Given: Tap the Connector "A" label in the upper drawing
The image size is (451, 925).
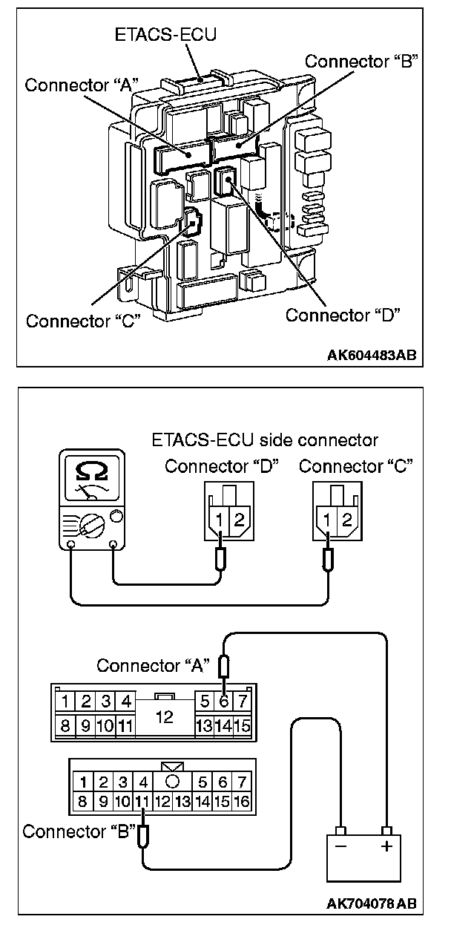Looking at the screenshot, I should coord(79,85).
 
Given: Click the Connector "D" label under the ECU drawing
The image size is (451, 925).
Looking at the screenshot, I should coord(343,314).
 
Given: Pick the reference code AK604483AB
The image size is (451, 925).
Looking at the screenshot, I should coord(371,355).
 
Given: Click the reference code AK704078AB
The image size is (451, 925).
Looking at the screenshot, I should coord(371,904).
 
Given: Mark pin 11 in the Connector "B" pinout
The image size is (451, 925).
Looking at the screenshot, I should coord(143,802).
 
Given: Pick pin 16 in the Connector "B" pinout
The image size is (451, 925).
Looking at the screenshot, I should coord(241,802).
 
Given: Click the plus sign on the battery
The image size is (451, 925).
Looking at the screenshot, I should coord(386,848).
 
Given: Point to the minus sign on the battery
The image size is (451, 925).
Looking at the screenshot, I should coord(342,848).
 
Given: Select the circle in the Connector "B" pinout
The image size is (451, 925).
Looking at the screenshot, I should coord(172,782).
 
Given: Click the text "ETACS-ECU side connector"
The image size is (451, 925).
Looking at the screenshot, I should coord(265,440).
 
